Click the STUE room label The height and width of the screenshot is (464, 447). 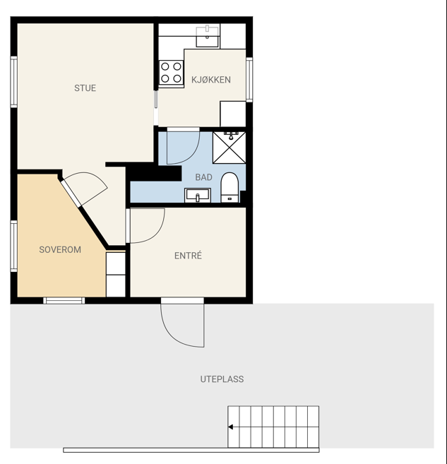[x=85, y=88]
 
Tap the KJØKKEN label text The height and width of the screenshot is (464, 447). [x=211, y=80]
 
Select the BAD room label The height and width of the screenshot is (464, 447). [x=204, y=177]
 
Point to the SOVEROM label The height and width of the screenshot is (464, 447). [x=60, y=249]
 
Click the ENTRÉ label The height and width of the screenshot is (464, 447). [x=188, y=256]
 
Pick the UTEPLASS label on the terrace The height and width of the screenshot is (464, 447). [x=222, y=379]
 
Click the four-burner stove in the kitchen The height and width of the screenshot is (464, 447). [x=171, y=73]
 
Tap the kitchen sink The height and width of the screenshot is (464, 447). [x=208, y=37]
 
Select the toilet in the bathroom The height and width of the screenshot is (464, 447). [x=230, y=187]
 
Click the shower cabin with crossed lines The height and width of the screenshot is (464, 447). [x=230, y=148]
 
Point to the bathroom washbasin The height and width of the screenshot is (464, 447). [x=198, y=196]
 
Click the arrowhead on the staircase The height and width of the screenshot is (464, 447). [x=230, y=427]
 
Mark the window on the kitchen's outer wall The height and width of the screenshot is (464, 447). [x=249, y=79]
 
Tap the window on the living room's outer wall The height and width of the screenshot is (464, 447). [x=14, y=82]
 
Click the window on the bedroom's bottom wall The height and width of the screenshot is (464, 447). [x=64, y=301]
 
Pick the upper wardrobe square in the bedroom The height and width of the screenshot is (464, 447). [x=116, y=263]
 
